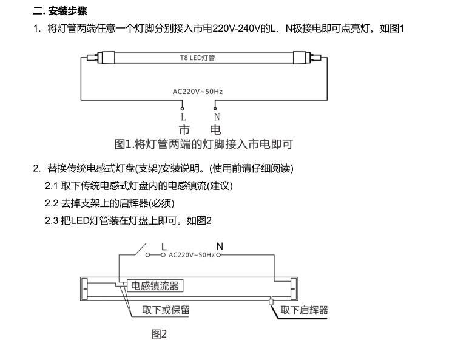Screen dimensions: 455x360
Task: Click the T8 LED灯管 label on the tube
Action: (198, 58)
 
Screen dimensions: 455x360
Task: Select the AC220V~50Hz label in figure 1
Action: (198, 92)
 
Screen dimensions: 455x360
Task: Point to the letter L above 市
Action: (183, 117)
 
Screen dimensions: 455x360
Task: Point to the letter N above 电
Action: (217, 117)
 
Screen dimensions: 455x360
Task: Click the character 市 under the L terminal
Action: (184, 130)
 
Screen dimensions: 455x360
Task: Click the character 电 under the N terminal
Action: (215, 130)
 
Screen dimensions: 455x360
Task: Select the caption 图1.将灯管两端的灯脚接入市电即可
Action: (204, 144)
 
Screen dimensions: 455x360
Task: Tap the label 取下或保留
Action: (166, 310)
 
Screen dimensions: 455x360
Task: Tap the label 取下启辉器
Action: (304, 310)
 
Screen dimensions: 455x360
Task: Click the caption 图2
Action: (159, 334)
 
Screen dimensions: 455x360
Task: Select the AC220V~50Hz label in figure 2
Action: (192, 256)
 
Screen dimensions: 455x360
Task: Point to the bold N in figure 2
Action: (220, 246)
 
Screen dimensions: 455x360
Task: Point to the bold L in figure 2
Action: (164, 246)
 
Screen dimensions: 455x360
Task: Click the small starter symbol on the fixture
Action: (271, 300)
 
